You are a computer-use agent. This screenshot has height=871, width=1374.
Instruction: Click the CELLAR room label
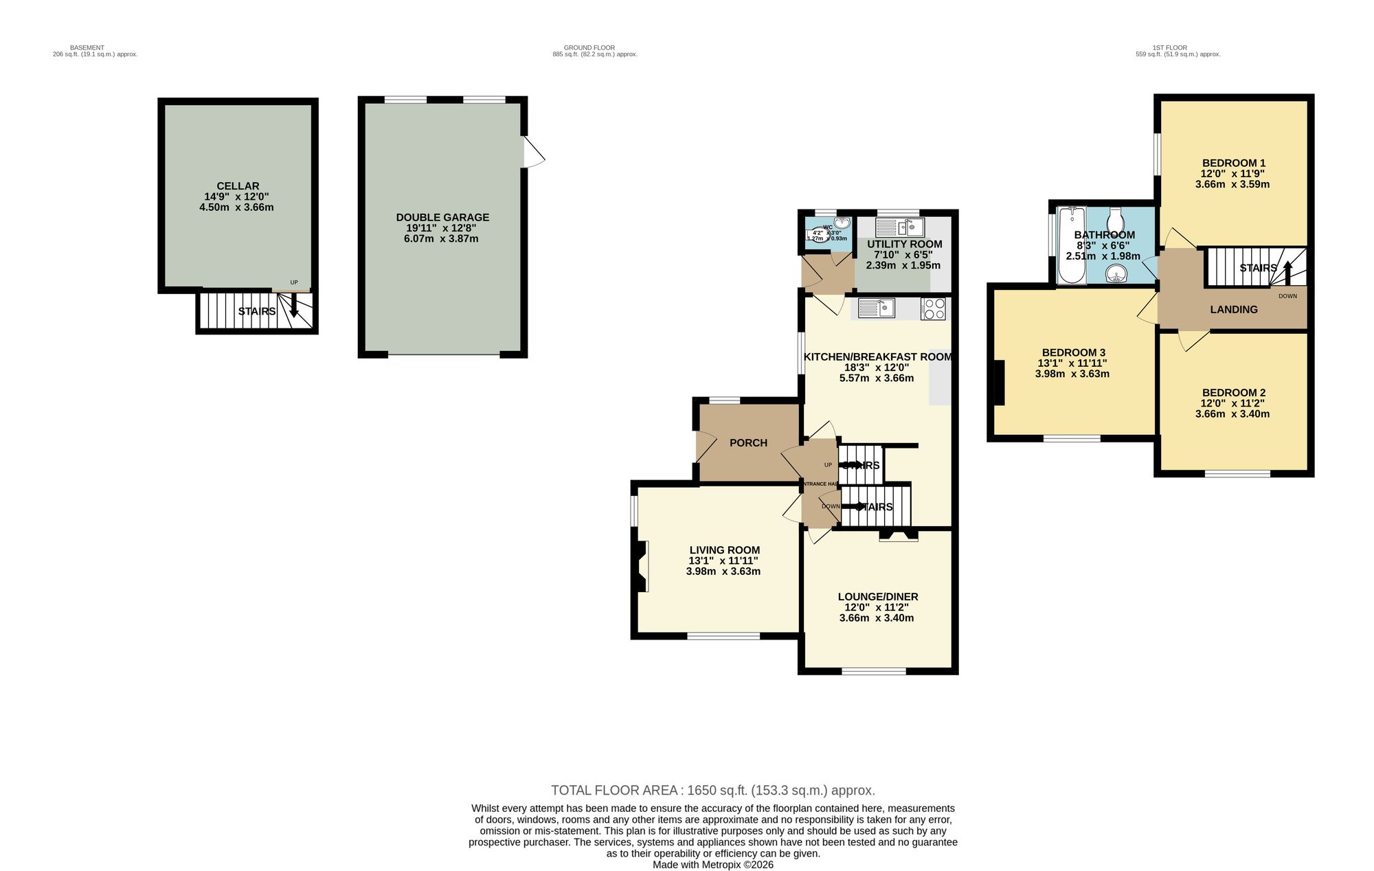[238, 186]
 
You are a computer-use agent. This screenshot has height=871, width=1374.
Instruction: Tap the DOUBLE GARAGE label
[442, 218]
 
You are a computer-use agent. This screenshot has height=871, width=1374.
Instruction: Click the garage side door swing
[533, 152]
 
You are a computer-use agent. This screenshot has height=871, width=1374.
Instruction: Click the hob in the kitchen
[933, 308]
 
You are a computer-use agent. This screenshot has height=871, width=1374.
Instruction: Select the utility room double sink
[901, 227]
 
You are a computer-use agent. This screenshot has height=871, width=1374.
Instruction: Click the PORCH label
[748, 443]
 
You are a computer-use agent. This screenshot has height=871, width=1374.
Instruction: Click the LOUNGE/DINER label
[877, 597]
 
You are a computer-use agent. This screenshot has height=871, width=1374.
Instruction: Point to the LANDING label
[1233, 310]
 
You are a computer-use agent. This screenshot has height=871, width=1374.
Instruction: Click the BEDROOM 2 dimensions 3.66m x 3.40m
[1232, 414]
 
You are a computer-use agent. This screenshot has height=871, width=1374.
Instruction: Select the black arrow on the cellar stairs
[294, 305]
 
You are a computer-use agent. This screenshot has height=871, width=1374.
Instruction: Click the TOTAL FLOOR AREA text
[712, 790]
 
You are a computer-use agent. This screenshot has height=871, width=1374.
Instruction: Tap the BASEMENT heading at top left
[87, 48]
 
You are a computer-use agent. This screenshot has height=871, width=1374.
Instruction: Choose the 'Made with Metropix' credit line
[712, 865]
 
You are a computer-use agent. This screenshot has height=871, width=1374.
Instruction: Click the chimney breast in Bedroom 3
[1000, 383]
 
